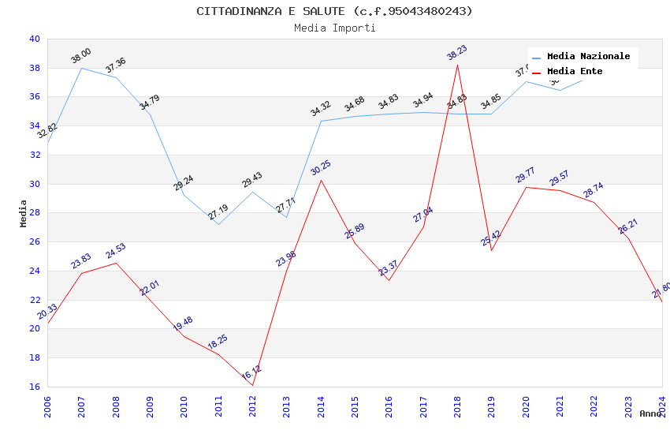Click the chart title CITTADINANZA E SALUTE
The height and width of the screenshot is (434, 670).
click(334, 11)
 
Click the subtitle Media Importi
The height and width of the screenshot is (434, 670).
click(334, 28)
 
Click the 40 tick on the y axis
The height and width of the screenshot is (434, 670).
click(34, 39)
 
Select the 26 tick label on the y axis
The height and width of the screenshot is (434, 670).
click(34, 241)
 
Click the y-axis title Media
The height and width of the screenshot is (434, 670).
click(24, 213)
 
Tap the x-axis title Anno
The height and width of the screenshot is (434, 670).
click(650, 413)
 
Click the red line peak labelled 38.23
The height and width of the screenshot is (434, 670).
click(457, 64)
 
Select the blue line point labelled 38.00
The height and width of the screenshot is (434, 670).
click(81, 68)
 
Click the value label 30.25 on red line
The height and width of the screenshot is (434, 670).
click(321, 167)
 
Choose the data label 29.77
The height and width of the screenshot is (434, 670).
click(525, 174)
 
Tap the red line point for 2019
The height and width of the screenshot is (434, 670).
click(491, 250)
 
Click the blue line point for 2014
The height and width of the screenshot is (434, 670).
click(321, 121)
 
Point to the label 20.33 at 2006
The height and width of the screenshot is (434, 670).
click(47, 312)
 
